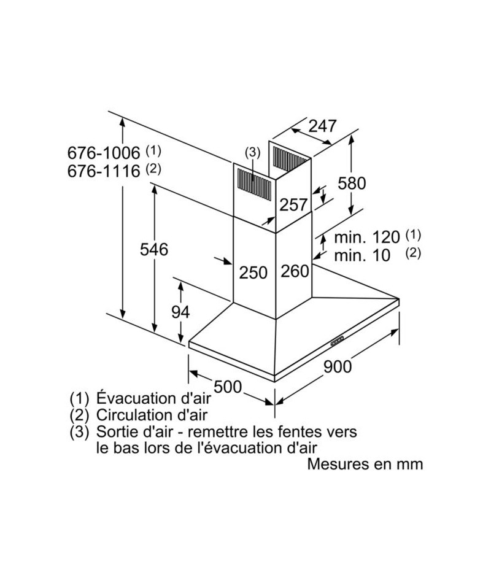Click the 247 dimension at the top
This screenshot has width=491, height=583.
coord(322,126)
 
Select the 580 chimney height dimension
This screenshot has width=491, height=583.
coord(352,183)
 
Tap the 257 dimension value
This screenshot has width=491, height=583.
coord(293,205)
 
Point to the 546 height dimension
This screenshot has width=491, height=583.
coord(154,249)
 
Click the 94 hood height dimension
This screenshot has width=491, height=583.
coord(180,312)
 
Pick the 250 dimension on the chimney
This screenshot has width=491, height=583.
coord(253,272)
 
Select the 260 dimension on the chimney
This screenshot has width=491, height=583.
coord(295,271)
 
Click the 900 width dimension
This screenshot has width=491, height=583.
coord(338,366)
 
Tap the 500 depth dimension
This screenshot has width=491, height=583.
coord(228,386)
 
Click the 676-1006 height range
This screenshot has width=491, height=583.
coord(104,152)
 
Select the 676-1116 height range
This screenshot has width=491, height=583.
coord(104,171)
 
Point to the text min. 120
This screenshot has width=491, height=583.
coord(367,237)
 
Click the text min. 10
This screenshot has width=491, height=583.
coord(362,255)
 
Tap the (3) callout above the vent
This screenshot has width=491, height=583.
coord(253,152)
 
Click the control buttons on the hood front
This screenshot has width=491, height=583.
coord(338,341)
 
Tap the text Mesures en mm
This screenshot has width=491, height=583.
coord(365,464)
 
